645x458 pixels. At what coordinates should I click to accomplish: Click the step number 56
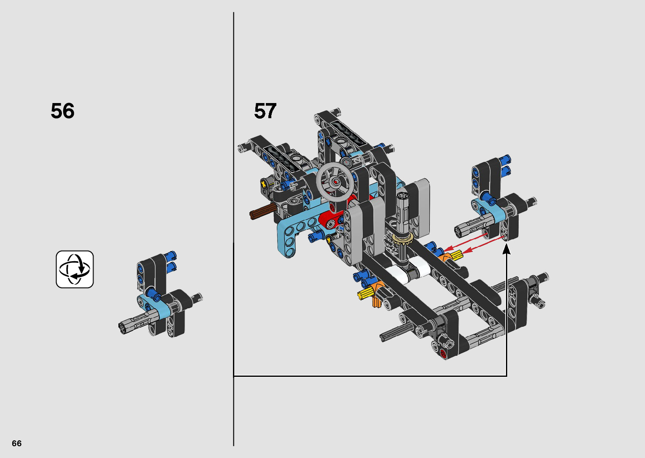tap(62, 111)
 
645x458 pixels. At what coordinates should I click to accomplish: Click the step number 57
tap(265, 111)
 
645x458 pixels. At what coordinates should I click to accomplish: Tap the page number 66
tap(17, 443)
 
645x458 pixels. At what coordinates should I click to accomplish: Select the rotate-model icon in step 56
tap(75, 270)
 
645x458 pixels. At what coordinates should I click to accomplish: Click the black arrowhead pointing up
tap(506, 249)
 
